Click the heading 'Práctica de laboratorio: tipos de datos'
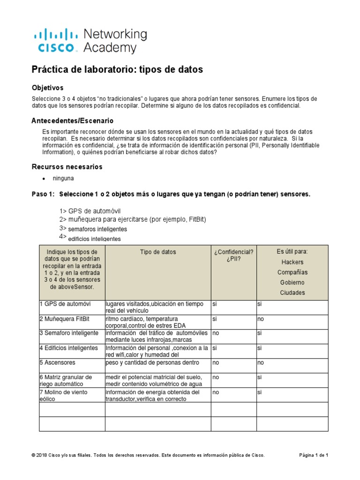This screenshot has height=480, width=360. coord(117,69)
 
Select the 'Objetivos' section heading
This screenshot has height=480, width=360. coord(47,88)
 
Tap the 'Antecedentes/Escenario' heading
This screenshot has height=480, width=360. coord(72,120)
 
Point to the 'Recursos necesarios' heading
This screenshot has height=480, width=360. coord(67,167)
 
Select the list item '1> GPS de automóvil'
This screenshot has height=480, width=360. coord(90,211)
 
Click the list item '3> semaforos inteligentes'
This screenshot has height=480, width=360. coord(93,229)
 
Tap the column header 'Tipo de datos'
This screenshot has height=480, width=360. coord(158,252)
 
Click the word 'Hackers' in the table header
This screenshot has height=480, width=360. coord(292,262)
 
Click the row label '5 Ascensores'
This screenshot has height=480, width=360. coord(57,362)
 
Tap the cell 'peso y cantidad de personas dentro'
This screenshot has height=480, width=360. coord(153,362)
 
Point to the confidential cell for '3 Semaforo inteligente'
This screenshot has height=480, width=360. coord(216,333)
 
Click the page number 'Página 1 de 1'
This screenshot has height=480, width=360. coord(314,455)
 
